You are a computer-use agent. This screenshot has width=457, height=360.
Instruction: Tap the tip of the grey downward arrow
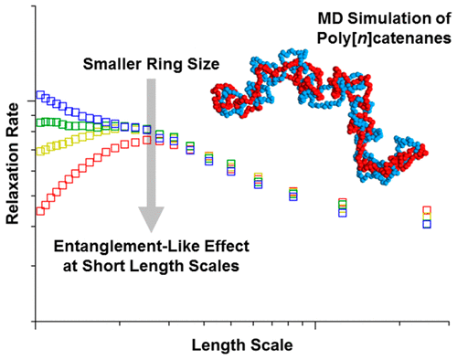coord(151,229)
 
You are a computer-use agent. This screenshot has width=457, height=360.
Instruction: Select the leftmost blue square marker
coord(39,94)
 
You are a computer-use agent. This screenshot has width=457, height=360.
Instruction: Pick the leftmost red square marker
coord(39,211)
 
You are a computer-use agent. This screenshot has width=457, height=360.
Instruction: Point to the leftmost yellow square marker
coord(39,151)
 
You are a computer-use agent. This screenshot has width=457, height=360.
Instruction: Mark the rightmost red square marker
coord(427,211)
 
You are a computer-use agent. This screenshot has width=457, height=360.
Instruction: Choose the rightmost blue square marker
coord(427,224)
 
